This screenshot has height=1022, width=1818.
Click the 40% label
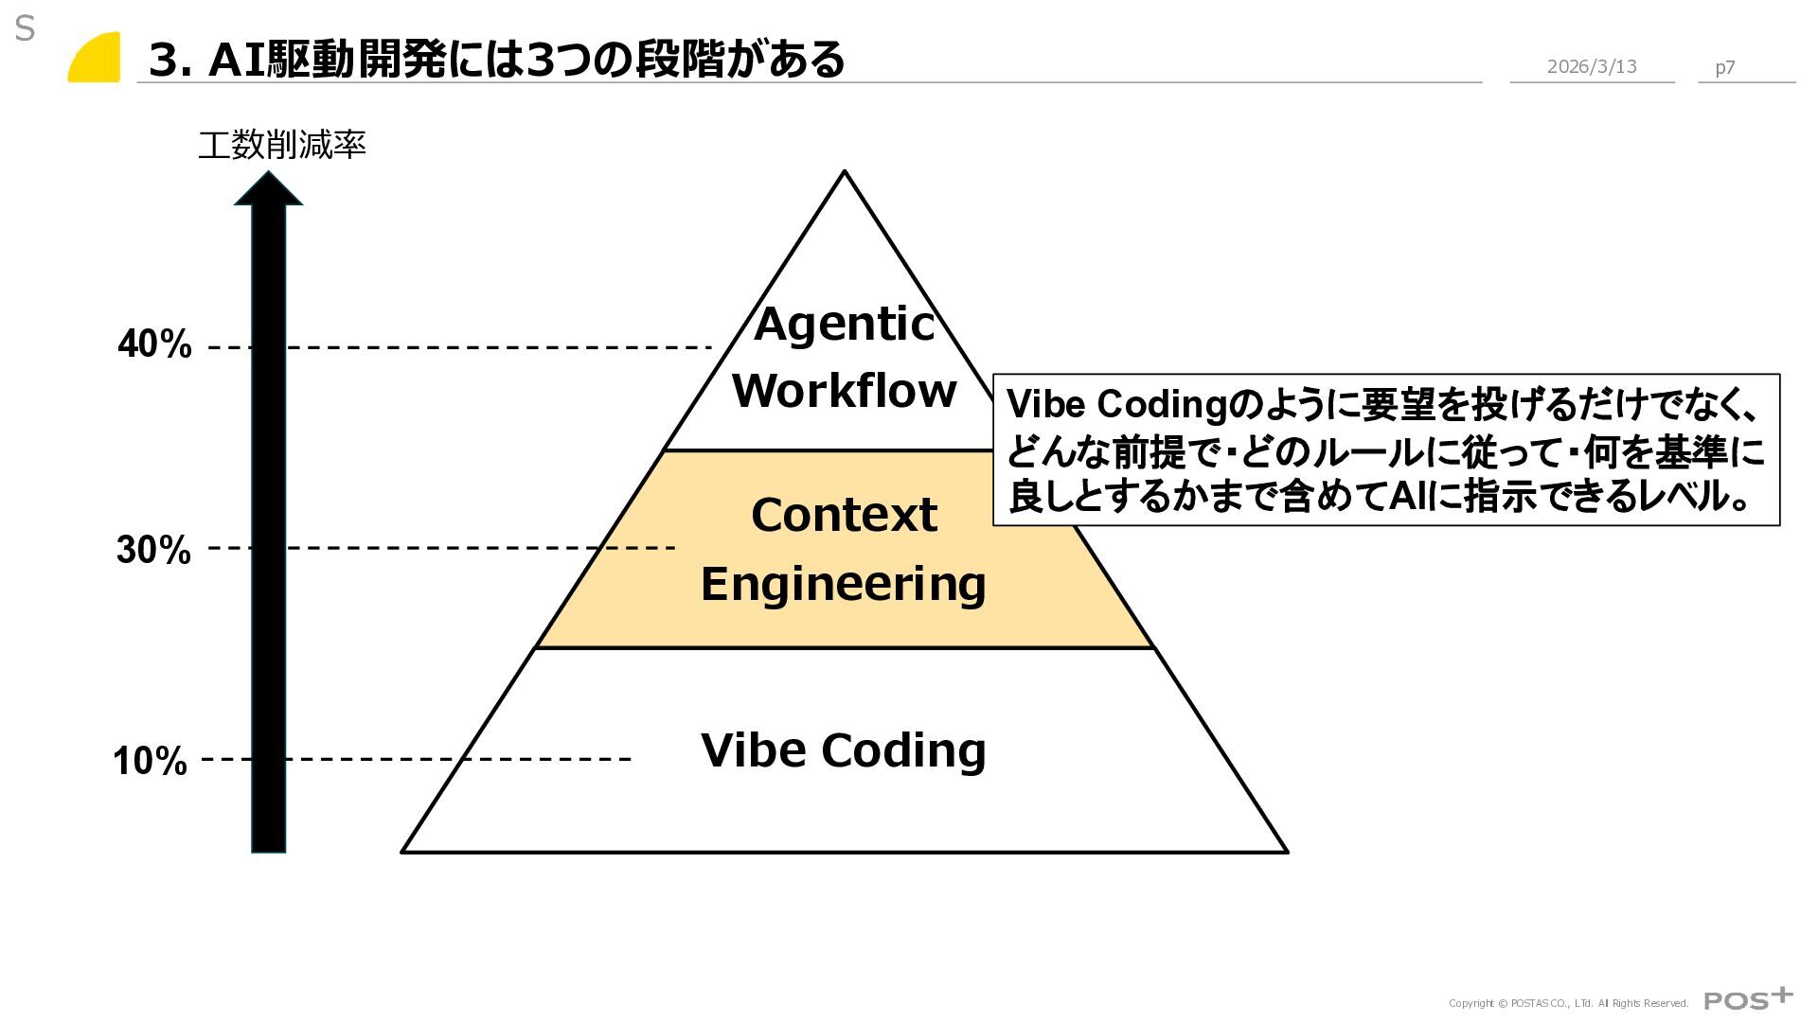pyautogui.click(x=154, y=344)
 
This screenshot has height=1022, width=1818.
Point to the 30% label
pyautogui.click(x=153, y=550)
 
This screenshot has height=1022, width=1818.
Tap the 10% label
pyautogui.click(x=150, y=761)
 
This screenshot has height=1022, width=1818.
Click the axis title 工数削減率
pyautogui.click(x=281, y=146)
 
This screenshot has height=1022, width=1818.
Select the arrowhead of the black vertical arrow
pyautogui.click(x=269, y=188)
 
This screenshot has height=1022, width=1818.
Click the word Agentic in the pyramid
pyautogui.click(x=844, y=325)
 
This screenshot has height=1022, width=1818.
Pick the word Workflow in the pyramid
pyautogui.click(x=844, y=391)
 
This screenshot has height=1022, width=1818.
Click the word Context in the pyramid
pyautogui.click(x=844, y=516)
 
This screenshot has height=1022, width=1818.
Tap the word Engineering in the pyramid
pyautogui.click(x=843, y=584)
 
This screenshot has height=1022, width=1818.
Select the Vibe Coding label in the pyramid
pyautogui.click(x=843, y=750)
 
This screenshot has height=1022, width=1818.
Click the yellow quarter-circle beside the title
pyautogui.click(x=97, y=59)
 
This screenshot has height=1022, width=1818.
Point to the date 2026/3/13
pyautogui.click(x=1591, y=66)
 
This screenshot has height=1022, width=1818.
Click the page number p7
pyautogui.click(x=1724, y=67)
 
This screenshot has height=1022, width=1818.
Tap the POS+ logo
pyautogui.click(x=1747, y=998)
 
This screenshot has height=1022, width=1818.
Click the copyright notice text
pyautogui.click(x=1568, y=1003)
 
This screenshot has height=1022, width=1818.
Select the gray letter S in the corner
pyautogui.click(x=25, y=29)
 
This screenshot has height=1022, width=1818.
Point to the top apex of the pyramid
pyautogui.click(x=845, y=173)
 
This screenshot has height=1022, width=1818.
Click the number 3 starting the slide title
pyautogui.click(x=164, y=61)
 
